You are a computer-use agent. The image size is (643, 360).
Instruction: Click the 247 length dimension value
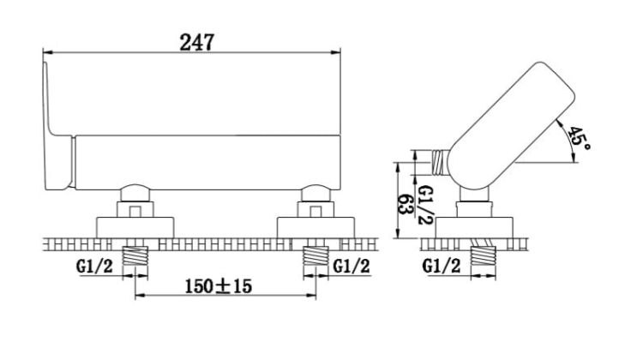pyautogui.click(x=197, y=42)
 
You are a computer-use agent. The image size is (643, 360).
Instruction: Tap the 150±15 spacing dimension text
pyautogui.click(x=218, y=286)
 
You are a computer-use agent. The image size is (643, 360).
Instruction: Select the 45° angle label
pyautogui.click(x=579, y=138)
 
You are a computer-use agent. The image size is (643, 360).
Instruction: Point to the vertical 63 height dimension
pyautogui.click(x=405, y=204)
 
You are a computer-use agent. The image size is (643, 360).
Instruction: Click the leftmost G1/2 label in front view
pyautogui.click(x=94, y=267)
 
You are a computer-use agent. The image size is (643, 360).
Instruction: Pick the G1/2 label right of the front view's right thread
pyautogui.click(x=351, y=267)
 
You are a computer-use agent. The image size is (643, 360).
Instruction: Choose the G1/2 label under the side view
pyautogui.click(x=442, y=267)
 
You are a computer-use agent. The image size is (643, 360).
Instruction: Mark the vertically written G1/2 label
pyautogui.click(x=425, y=204)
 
